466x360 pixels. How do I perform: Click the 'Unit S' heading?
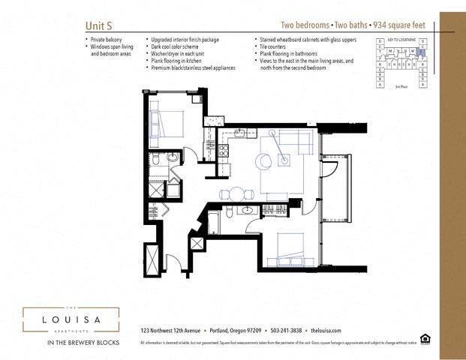[99, 25]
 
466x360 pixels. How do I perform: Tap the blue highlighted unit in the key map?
[420, 52]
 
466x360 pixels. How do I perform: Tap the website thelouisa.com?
[326, 330]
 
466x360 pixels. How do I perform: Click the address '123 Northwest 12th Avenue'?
[170, 330]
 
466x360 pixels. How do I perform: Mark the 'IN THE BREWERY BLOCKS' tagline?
[71, 343]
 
